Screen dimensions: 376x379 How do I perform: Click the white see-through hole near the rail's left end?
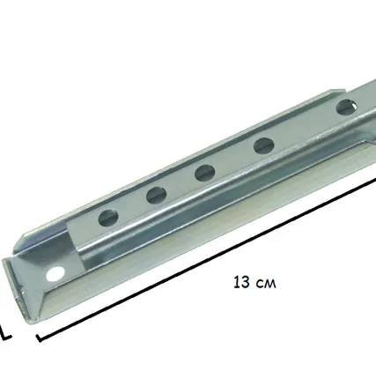coord(55,274)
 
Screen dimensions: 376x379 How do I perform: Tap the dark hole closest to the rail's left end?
coord(108,218)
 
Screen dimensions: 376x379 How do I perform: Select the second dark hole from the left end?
coord(157,195)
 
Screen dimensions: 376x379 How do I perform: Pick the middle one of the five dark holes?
coord(204,173)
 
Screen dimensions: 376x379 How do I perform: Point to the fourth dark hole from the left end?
coord(264,145)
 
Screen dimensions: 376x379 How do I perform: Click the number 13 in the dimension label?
coord(242,282)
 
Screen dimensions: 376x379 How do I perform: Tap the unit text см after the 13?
coord(266,284)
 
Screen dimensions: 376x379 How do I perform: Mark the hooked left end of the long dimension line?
coord(40,338)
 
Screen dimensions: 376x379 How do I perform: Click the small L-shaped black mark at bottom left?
coord(5,333)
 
